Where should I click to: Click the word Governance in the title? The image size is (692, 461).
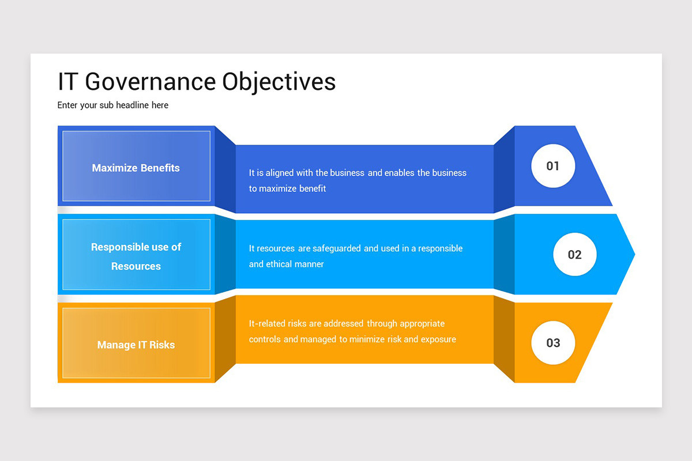151,82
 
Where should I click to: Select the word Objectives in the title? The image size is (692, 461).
280,82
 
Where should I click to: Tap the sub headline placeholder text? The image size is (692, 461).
113,105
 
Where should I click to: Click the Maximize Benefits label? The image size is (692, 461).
136,168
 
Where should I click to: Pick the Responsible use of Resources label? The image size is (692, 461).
136,256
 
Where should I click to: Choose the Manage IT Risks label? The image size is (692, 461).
136,345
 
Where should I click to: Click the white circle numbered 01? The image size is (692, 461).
553,166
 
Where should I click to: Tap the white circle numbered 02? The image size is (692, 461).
575,255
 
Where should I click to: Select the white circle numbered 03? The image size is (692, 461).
553,343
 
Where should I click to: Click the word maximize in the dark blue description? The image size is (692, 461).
278,188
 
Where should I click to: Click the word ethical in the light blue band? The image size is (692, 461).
280,264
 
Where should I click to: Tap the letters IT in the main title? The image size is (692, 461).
67,82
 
